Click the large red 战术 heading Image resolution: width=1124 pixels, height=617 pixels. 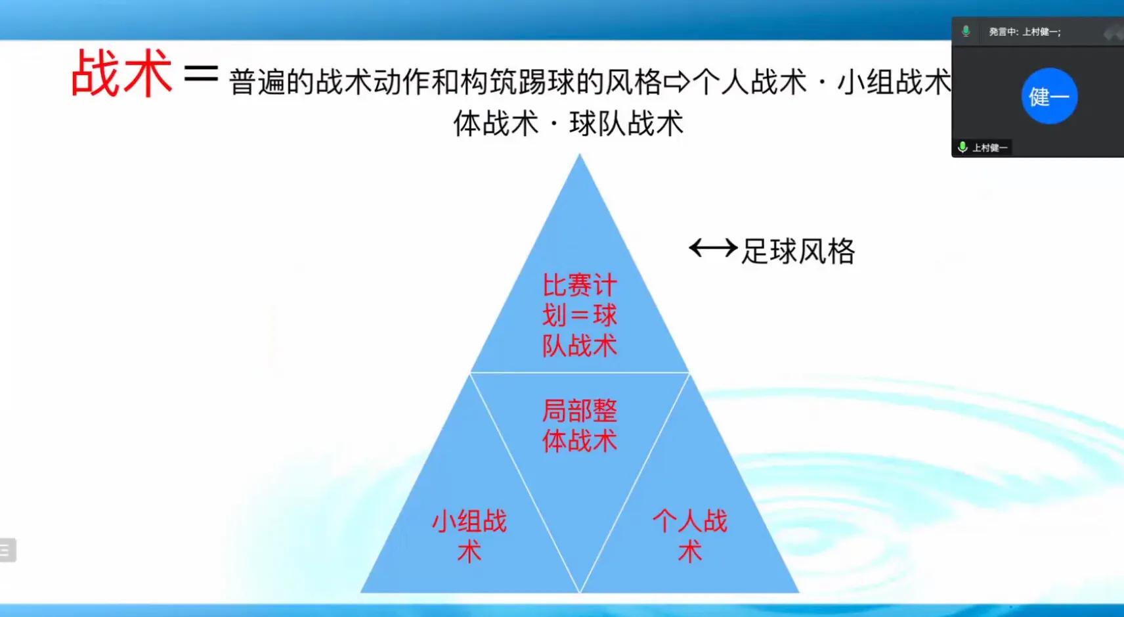click(x=121, y=74)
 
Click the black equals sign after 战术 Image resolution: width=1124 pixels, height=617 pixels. click(x=201, y=74)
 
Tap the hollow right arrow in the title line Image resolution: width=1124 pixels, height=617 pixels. click(x=677, y=82)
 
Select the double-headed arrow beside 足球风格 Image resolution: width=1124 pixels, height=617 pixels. click(x=713, y=248)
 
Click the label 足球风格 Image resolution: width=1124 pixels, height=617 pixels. click(x=798, y=251)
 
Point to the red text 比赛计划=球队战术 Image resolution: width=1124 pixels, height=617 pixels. click(x=579, y=315)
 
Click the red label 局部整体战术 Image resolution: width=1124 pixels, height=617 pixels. click(x=579, y=426)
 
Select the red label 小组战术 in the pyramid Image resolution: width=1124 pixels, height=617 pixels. click(x=469, y=536)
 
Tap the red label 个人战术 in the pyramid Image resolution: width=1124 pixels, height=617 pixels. click(x=689, y=536)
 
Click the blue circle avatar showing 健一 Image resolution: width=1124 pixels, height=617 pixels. click(x=1049, y=96)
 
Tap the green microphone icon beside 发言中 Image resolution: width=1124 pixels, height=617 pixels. click(x=966, y=31)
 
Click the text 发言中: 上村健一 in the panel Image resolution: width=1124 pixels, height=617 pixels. click(x=1024, y=32)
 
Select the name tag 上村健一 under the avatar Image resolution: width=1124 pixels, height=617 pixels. click(x=989, y=148)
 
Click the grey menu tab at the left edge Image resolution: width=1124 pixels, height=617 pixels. click(x=7, y=550)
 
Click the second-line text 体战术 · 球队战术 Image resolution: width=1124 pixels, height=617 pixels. click(x=569, y=123)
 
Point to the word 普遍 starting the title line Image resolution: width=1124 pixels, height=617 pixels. click(x=257, y=83)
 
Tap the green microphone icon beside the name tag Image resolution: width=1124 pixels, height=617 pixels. click(x=962, y=147)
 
